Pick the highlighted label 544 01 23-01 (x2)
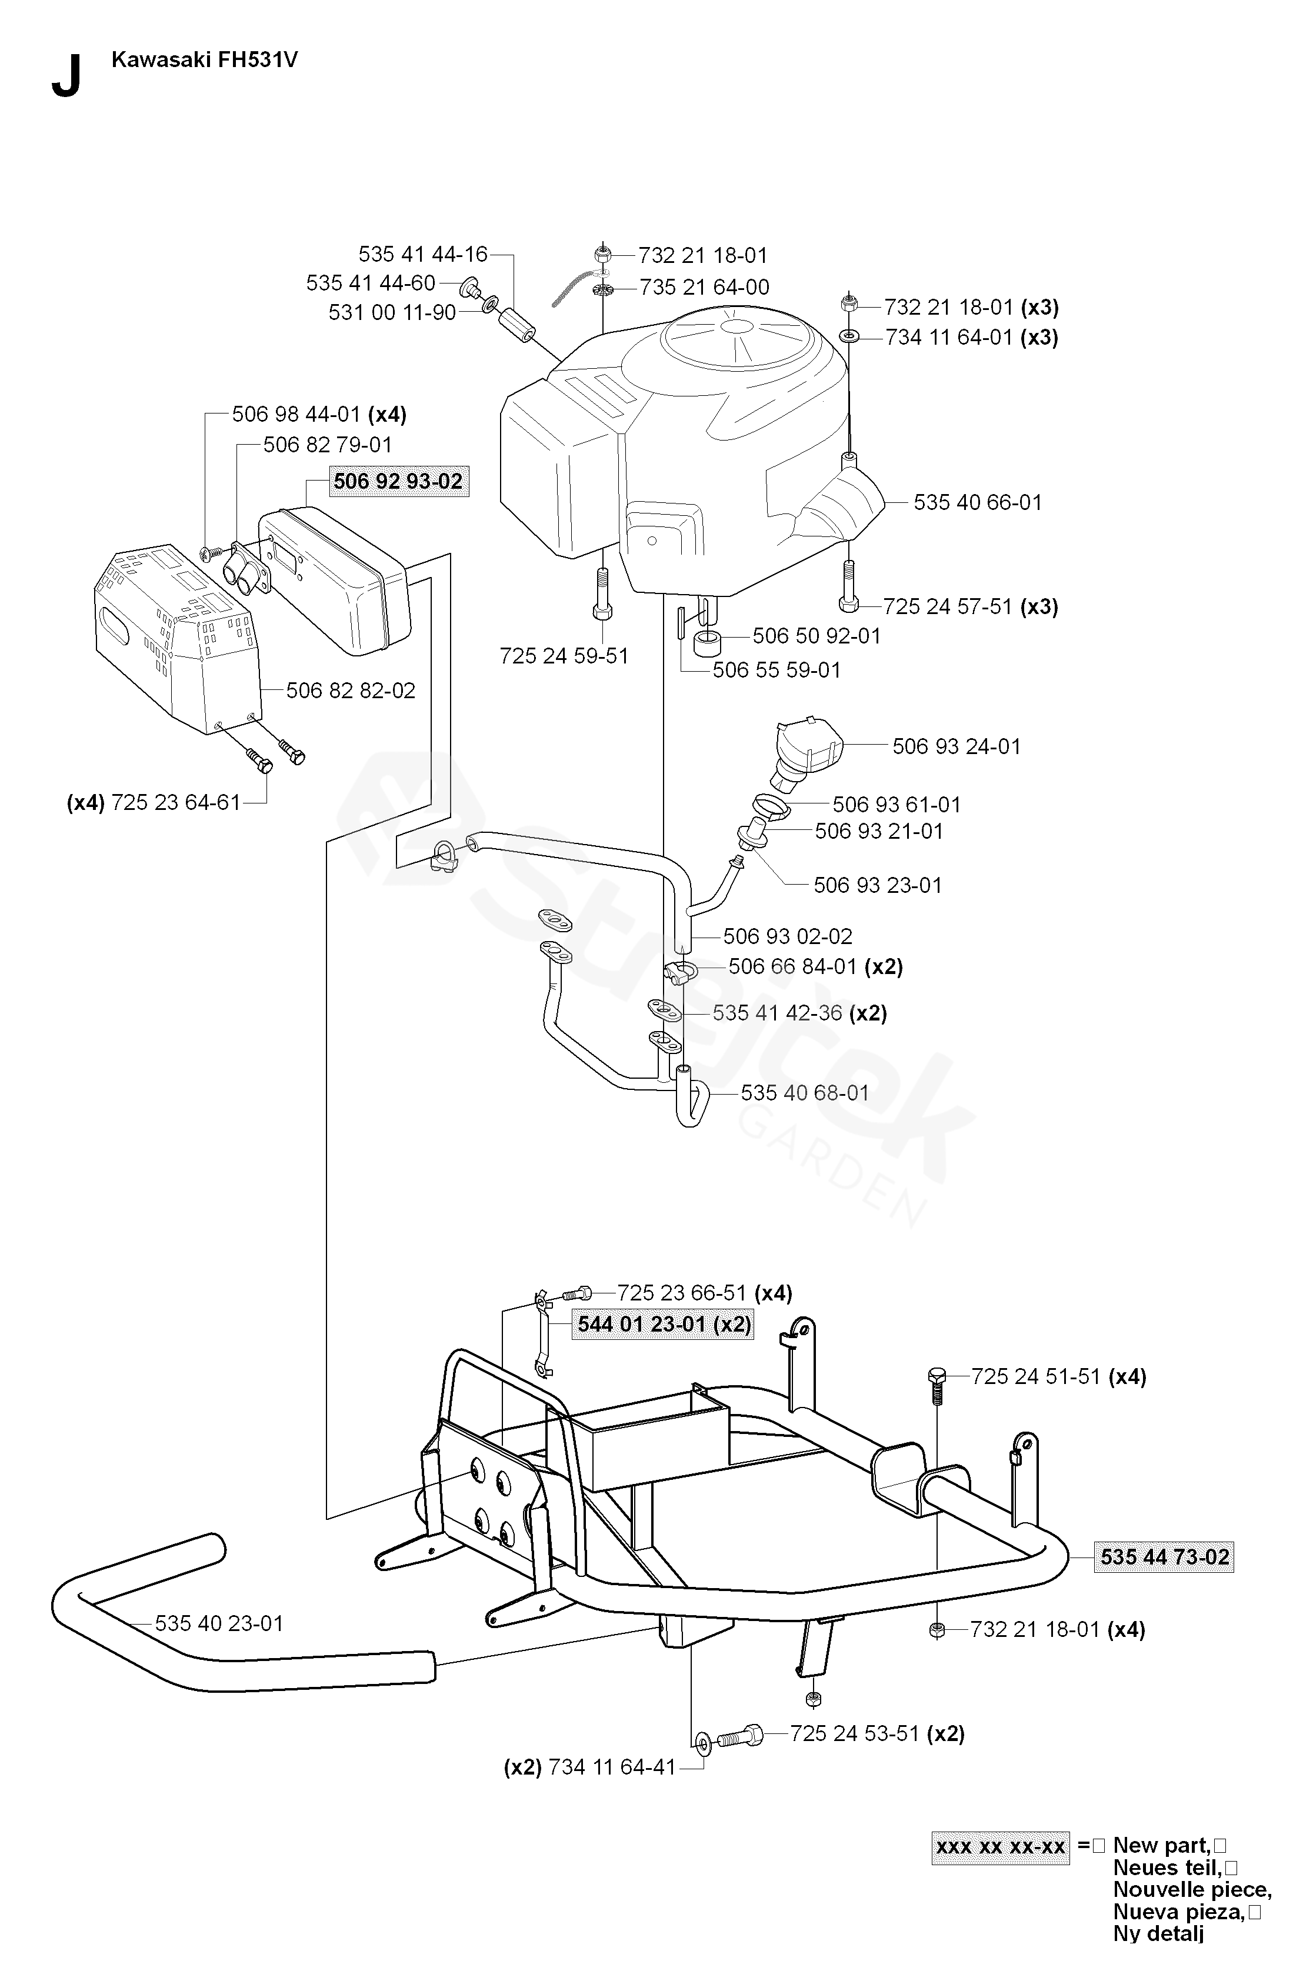[x=663, y=1325]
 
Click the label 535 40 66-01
[x=977, y=502]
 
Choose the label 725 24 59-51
[x=564, y=656]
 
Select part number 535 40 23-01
[x=219, y=1623]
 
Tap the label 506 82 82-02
[x=351, y=690]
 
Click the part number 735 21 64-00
[x=704, y=287]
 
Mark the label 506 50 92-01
[x=817, y=636]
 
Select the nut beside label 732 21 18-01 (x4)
[x=938, y=1629]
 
